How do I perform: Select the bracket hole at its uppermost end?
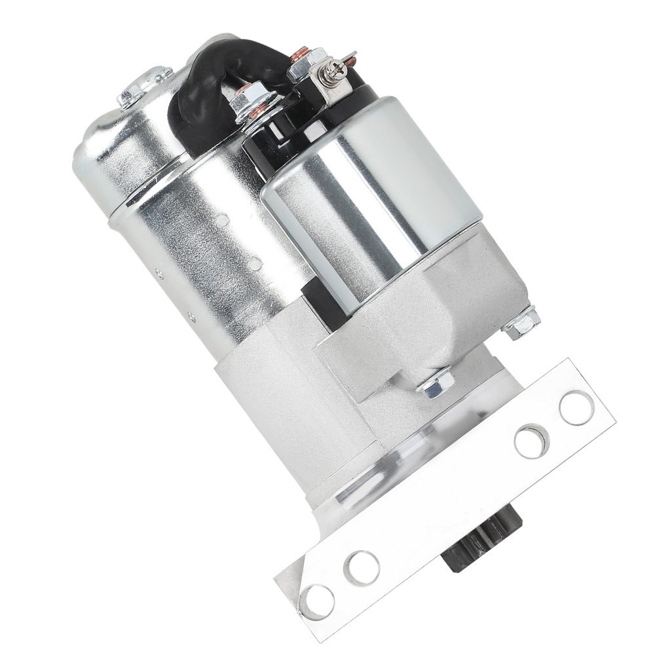[576, 407]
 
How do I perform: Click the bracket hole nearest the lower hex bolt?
[531, 441]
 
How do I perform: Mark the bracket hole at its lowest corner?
[316, 601]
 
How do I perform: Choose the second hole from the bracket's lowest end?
[362, 567]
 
